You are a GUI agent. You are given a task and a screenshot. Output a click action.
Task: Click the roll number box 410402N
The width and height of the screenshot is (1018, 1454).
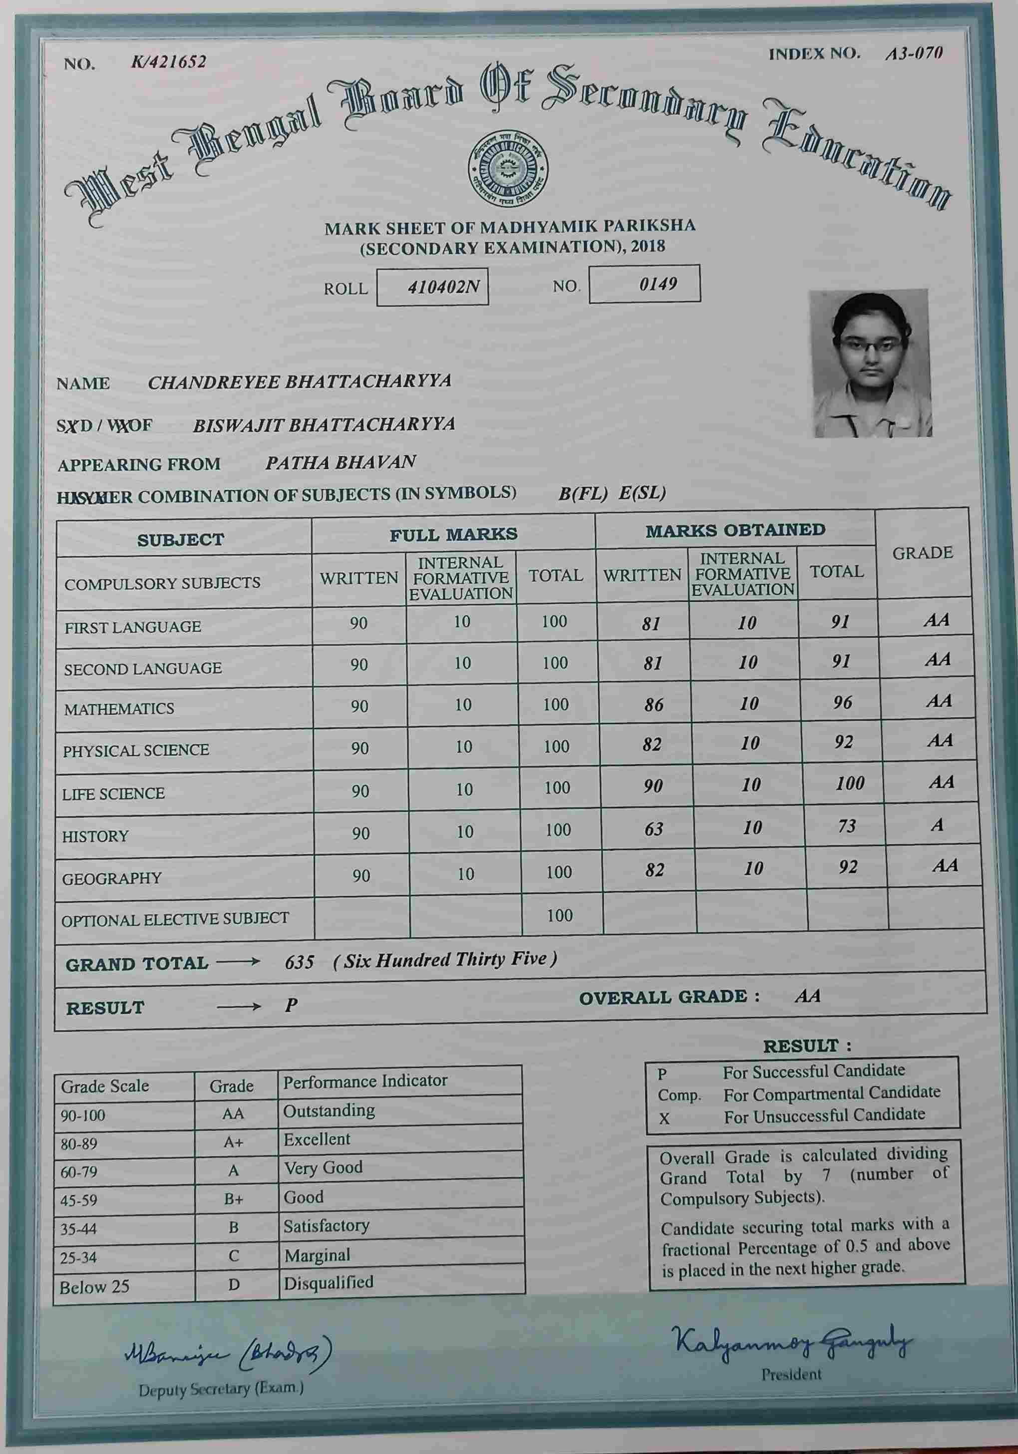click(x=432, y=288)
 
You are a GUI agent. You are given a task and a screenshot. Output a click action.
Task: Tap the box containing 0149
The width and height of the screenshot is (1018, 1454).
click(x=645, y=284)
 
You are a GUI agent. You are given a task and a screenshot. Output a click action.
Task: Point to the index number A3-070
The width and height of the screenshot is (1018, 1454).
click(x=914, y=53)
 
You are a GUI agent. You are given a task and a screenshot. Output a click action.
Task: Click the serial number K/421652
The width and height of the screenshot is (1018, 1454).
click(x=168, y=62)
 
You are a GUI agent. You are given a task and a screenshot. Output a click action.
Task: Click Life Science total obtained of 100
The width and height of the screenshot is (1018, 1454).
click(x=849, y=783)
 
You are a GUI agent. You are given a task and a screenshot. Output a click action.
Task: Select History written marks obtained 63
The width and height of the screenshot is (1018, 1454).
click(x=654, y=829)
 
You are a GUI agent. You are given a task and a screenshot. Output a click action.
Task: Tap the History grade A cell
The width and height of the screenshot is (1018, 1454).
click(x=937, y=824)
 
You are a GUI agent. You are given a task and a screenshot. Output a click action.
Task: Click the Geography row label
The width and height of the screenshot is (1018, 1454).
click(x=112, y=878)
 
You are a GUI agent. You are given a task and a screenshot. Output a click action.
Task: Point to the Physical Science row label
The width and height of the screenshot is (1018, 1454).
click(x=135, y=750)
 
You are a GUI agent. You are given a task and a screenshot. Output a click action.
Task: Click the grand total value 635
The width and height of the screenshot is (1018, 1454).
click(x=300, y=963)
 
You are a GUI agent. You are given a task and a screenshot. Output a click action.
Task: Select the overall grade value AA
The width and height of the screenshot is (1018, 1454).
click(x=807, y=996)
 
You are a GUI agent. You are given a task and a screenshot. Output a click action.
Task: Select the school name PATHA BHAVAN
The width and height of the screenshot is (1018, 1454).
click(x=340, y=462)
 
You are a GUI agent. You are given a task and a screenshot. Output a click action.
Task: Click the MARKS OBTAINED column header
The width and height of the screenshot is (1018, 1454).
click(x=735, y=530)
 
